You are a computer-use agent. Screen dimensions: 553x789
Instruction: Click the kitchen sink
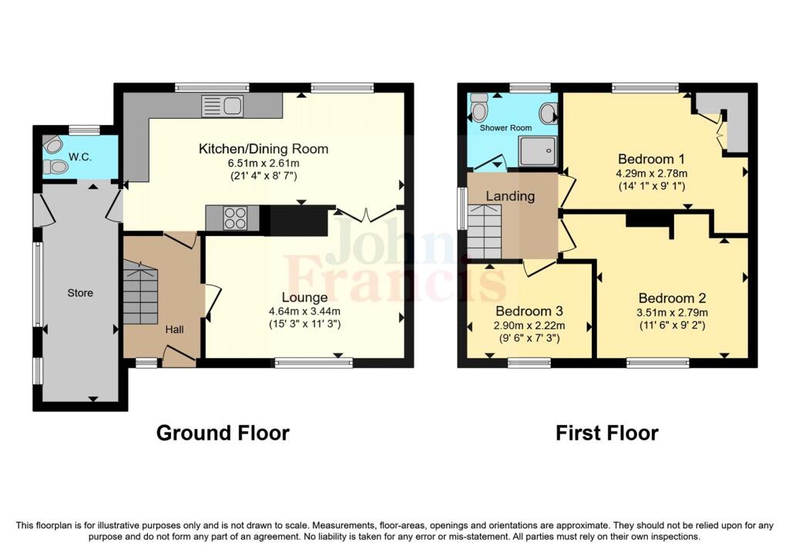coord(222,106)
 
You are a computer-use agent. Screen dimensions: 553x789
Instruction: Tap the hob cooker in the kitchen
coord(234,218)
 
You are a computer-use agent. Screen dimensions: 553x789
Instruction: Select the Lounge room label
coord(304,298)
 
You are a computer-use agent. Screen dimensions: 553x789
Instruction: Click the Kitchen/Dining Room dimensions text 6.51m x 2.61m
coord(264,164)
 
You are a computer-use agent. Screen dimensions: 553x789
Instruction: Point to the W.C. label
coord(80,157)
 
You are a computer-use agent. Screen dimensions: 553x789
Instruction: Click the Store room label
coord(80,292)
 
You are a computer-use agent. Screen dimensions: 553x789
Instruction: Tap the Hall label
coord(174,329)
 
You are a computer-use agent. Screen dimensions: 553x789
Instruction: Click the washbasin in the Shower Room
coord(549,114)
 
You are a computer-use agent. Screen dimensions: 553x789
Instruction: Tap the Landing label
coord(510,196)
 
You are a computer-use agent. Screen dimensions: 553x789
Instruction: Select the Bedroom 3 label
coord(529,311)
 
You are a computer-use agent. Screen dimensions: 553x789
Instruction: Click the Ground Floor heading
coord(223,433)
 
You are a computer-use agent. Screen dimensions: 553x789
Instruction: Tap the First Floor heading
coord(607,433)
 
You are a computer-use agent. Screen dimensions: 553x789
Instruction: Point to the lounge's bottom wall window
coord(314,361)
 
